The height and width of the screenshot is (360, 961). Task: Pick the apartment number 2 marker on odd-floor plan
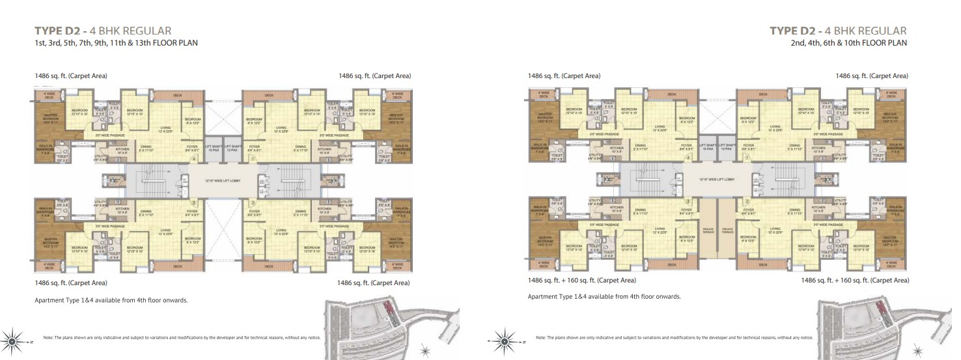click(x=252, y=202)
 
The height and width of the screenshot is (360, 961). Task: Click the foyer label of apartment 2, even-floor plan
click(x=747, y=212)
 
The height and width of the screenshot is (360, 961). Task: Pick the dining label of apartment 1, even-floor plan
click(x=794, y=146)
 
